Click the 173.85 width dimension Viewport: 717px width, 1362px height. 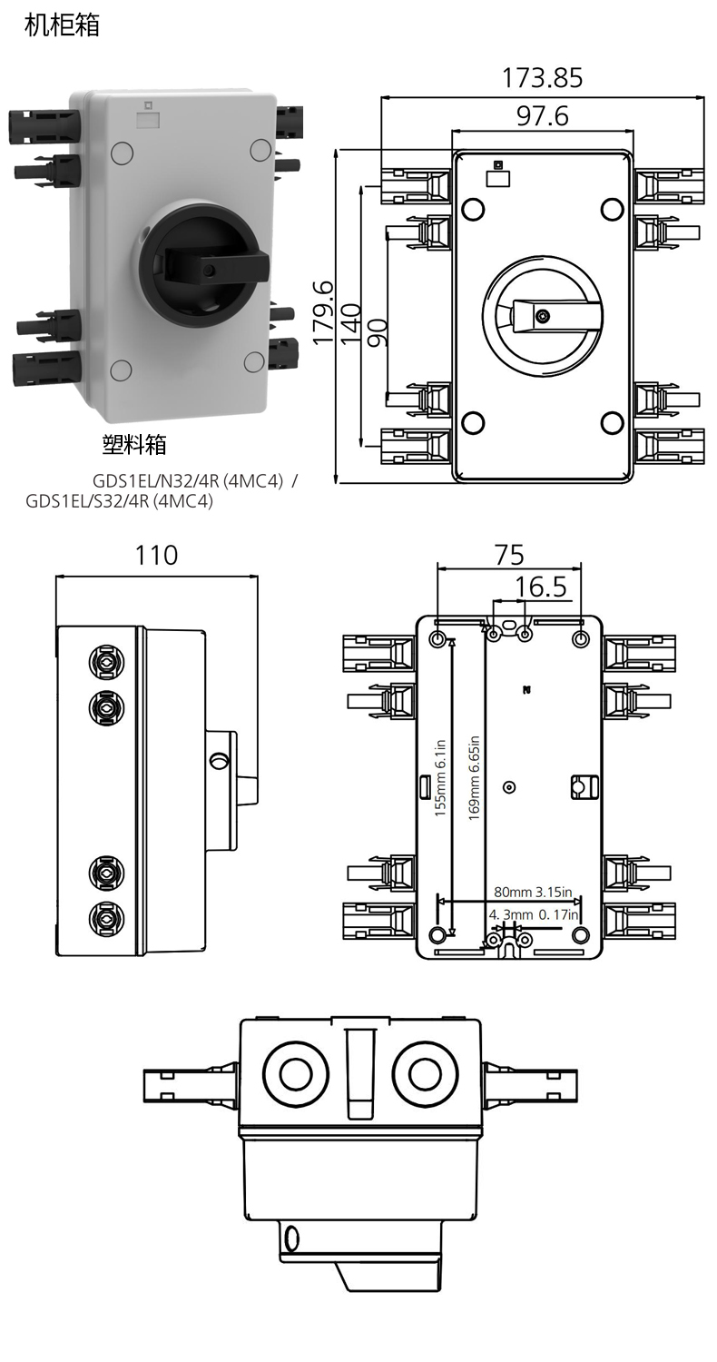tap(542, 79)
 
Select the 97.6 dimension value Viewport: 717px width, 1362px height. tap(542, 116)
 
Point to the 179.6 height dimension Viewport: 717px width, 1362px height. tap(323, 313)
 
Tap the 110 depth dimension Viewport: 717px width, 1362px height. tap(156, 555)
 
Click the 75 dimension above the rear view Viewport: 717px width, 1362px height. tap(508, 554)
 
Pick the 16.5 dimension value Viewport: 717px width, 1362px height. tap(541, 587)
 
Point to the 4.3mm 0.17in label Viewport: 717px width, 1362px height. tap(534, 914)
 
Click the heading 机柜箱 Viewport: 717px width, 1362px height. tap(62, 25)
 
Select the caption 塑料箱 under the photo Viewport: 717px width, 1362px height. tap(134, 445)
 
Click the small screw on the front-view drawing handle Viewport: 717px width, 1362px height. tap(543, 316)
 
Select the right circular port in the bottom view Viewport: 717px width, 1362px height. tap(426, 1074)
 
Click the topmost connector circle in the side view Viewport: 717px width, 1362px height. tap(106, 662)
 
